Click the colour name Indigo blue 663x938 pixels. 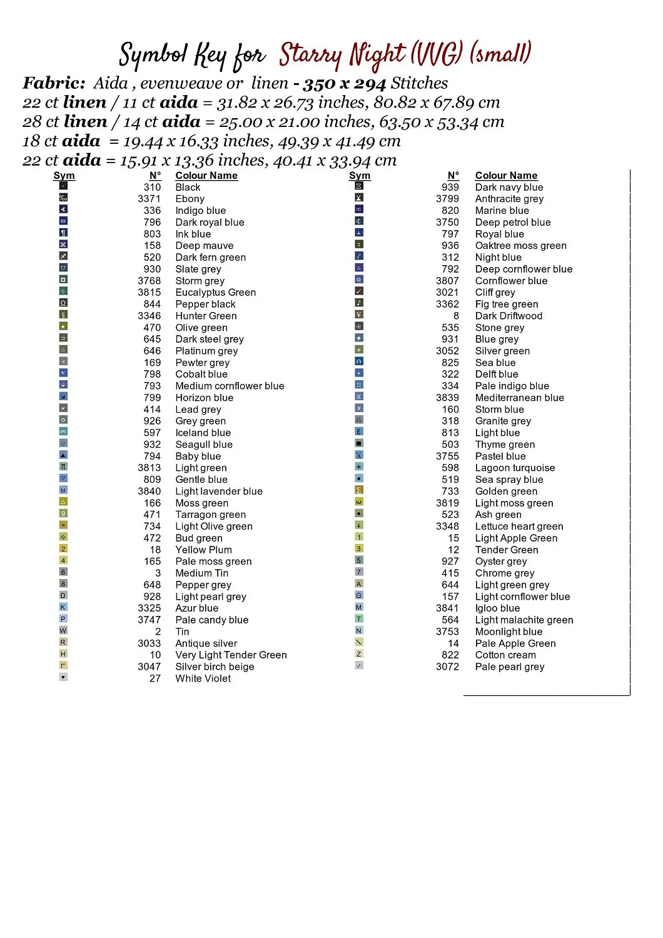[200, 211]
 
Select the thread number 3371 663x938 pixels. [149, 199]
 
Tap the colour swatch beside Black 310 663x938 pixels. [63, 186]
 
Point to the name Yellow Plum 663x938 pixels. [203, 550]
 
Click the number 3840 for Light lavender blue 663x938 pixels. [149, 492]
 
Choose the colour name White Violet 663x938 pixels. [203, 678]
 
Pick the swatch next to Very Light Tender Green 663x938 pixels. [63, 654]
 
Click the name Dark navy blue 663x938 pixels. [509, 187]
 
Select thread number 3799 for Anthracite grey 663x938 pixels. [447, 199]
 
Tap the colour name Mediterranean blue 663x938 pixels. [519, 398]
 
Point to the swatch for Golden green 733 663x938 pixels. [359, 490]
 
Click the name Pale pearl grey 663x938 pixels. [509, 667]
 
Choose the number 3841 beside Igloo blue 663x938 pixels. [447, 608]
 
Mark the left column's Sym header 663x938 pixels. [64, 176]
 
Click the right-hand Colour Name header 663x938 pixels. [506, 176]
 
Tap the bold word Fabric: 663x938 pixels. [54, 83]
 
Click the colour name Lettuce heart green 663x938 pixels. [519, 527]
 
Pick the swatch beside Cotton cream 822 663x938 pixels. [359, 654]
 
